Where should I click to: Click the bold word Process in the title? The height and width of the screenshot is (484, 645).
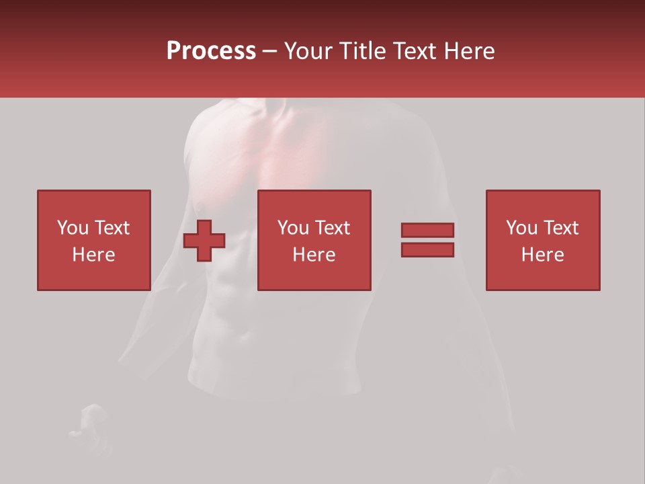tap(211, 51)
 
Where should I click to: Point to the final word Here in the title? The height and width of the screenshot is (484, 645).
tap(471, 51)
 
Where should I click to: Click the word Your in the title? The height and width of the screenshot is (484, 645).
tap(308, 51)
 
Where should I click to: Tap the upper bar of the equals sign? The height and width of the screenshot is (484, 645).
tap(427, 230)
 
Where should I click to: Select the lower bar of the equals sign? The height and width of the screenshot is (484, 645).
tap(427, 249)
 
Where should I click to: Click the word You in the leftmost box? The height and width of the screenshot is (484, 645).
tap(73, 228)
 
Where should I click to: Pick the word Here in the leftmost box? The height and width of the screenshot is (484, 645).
tap(93, 255)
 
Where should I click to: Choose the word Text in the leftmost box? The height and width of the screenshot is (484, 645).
tap(112, 228)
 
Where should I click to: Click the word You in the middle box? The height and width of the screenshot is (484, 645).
tap(293, 228)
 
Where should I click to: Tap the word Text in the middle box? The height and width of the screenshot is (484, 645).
tap(332, 228)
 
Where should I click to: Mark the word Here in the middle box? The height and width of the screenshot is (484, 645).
tap(314, 255)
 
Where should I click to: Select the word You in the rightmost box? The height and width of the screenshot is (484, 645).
tap(521, 228)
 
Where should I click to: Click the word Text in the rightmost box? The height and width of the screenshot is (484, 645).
tap(560, 228)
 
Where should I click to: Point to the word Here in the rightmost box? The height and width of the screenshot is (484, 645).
tap(542, 255)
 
